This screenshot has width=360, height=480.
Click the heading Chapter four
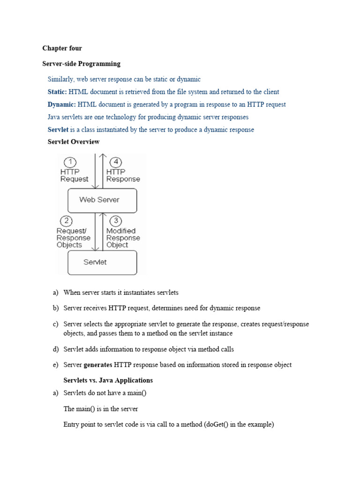click(x=62, y=48)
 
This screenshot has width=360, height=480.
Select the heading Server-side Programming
click(x=81, y=64)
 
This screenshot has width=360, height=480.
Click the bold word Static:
click(x=57, y=92)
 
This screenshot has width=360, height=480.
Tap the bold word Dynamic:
click(x=62, y=105)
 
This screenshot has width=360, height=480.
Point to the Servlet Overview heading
click(x=74, y=142)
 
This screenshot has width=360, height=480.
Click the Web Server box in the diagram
click(x=102, y=200)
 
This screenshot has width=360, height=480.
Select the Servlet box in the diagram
click(x=102, y=262)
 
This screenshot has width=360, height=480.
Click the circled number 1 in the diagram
click(x=70, y=162)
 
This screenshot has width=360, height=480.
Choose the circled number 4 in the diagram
click(x=115, y=162)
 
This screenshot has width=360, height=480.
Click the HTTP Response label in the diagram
click(x=123, y=175)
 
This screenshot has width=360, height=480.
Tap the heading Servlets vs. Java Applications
click(x=108, y=380)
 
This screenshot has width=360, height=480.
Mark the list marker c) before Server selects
click(x=56, y=324)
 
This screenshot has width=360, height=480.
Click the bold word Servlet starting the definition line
click(x=58, y=129)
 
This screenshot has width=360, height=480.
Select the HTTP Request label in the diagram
click(x=74, y=175)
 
